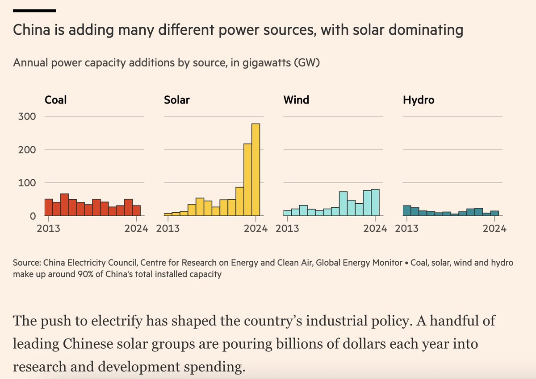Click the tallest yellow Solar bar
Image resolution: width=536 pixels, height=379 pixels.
tap(256, 170)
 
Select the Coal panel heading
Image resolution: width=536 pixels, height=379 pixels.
tap(55, 100)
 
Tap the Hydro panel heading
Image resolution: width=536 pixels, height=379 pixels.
tap(419, 100)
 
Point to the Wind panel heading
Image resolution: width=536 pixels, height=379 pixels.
tap(296, 100)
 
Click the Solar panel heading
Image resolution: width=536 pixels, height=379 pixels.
tap(177, 100)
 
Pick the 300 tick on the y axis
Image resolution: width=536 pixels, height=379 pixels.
tap(27, 116)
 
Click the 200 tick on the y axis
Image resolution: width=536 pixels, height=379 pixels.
tap(27, 149)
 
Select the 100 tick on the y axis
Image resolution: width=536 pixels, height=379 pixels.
tap(27, 183)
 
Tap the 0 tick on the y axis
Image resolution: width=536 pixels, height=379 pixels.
tap(33, 216)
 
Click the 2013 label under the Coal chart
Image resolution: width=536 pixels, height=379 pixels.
tap(48, 229)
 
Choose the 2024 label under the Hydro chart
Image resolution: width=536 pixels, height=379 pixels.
tap(494, 229)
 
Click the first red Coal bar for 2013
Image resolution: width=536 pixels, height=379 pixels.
tap(48, 207)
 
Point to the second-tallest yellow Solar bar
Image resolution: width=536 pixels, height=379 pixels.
tap(247, 180)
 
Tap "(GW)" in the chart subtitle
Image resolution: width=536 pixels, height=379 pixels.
tap(306, 63)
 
